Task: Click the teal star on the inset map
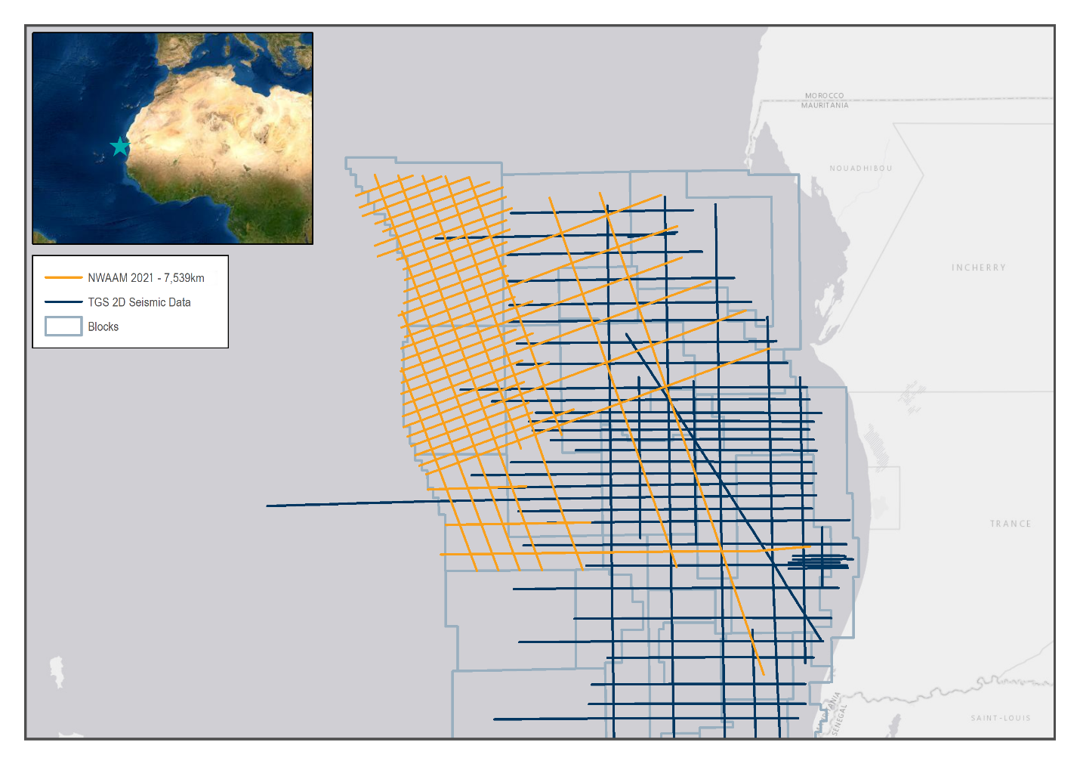(x=120, y=147)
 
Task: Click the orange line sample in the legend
(x=63, y=277)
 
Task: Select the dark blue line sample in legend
(x=63, y=302)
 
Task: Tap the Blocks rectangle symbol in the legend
(x=63, y=326)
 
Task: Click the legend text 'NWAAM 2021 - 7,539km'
(x=146, y=278)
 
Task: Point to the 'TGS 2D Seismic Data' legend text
(x=139, y=302)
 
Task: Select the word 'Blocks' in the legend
(x=103, y=326)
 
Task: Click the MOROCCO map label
(x=824, y=96)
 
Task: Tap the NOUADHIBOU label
(x=861, y=169)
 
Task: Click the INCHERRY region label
(x=978, y=268)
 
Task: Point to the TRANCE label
(x=1010, y=524)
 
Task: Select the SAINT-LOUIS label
(x=1000, y=718)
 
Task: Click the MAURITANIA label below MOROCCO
(x=825, y=106)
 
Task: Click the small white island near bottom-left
(x=57, y=670)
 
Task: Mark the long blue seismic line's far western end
(x=267, y=506)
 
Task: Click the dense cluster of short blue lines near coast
(x=819, y=561)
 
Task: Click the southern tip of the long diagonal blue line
(x=822, y=641)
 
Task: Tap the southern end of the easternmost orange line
(x=764, y=674)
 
